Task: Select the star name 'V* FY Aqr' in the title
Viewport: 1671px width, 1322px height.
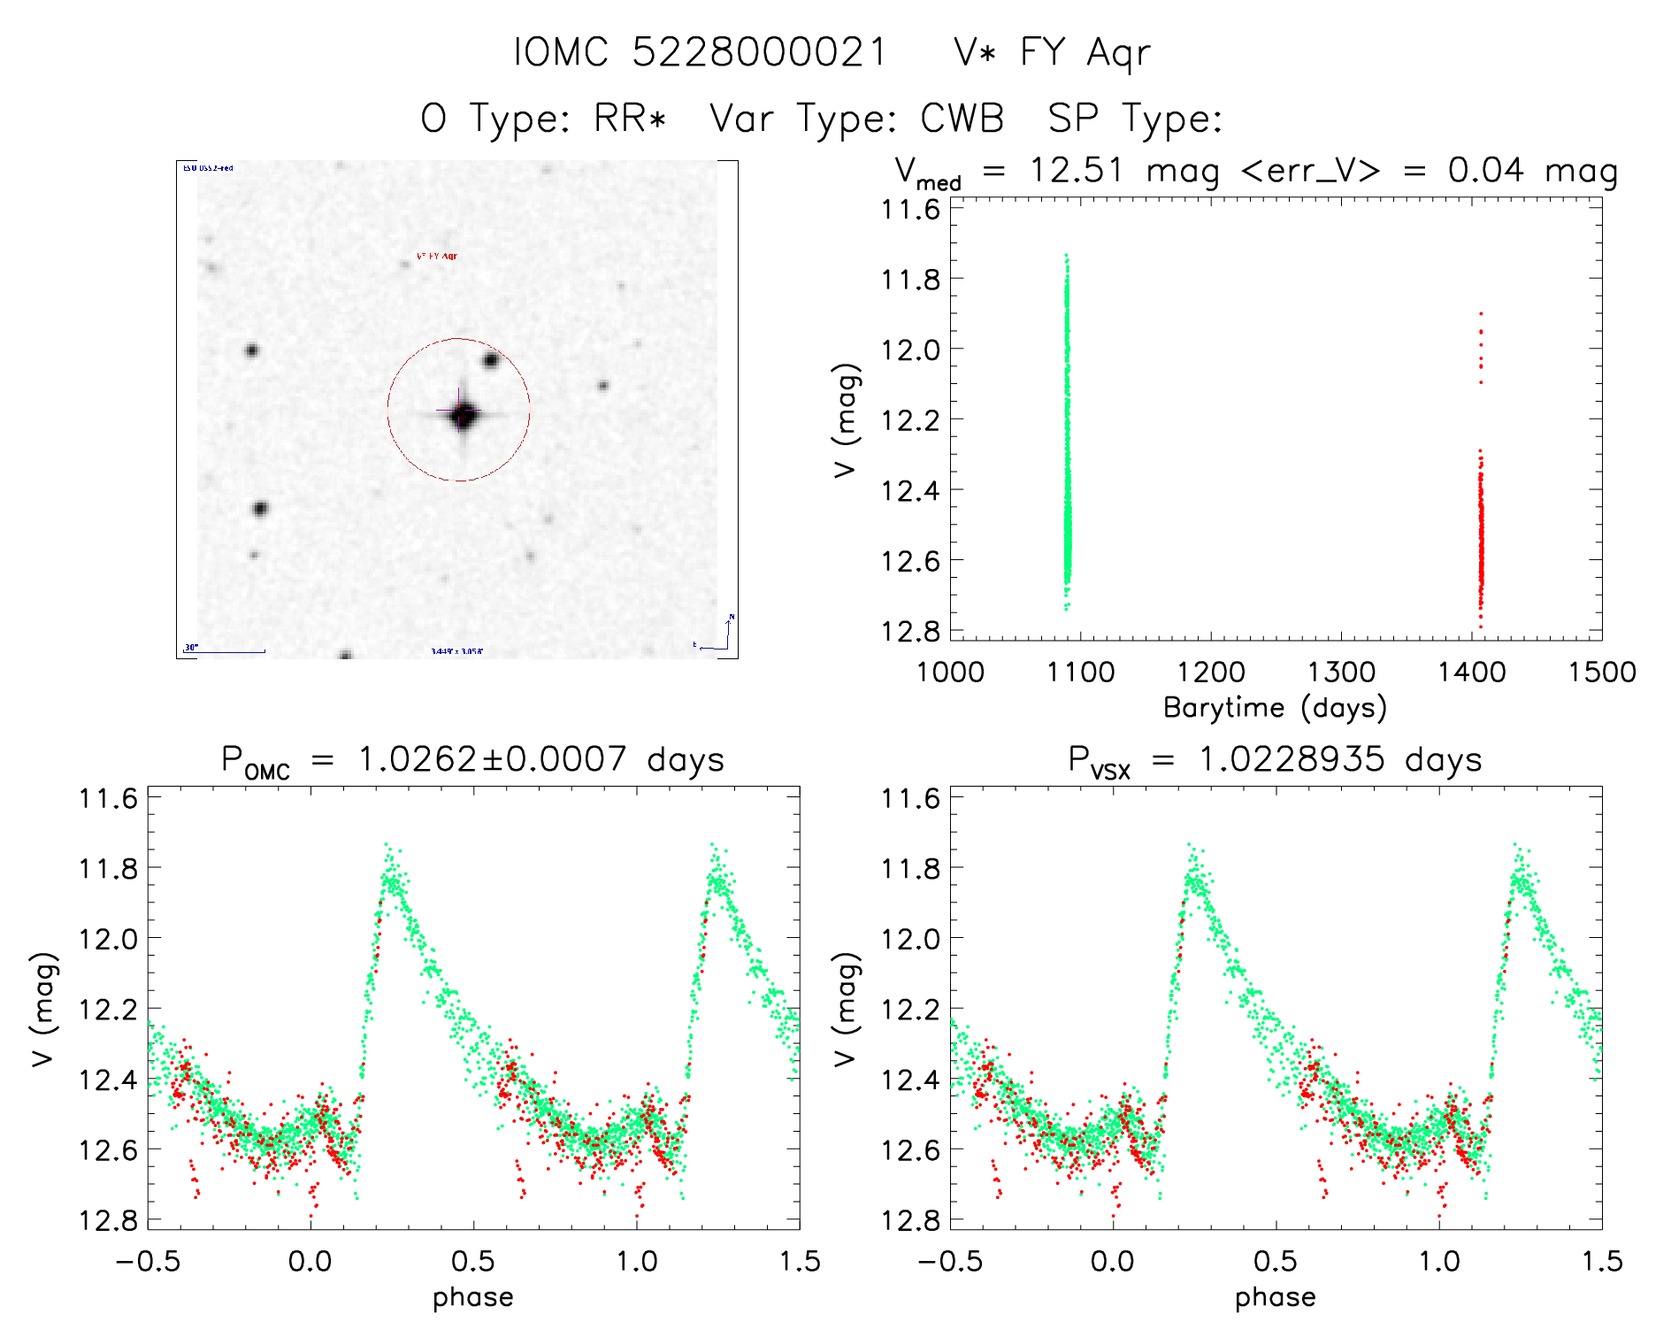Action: tap(1052, 52)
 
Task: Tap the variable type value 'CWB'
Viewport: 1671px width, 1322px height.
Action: tap(962, 118)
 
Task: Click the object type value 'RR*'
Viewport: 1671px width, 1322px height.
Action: tap(630, 118)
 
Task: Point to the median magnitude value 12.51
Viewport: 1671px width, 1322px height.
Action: tap(1076, 170)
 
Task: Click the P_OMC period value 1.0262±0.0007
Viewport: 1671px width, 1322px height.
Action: tap(492, 759)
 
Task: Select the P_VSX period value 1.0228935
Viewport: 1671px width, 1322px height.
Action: tap(1291, 759)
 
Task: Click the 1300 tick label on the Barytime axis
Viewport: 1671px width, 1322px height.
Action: tap(1341, 673)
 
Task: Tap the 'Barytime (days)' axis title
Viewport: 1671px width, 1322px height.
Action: tap(1275, 708)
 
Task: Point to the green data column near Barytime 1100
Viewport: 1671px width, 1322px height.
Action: tap(1067, 425)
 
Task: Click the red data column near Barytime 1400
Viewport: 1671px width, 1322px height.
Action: tap(1480, 531)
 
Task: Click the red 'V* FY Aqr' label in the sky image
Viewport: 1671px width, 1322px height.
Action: tap(437, 257)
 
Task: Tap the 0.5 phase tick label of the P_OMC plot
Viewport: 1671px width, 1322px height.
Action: tap(473, 1262)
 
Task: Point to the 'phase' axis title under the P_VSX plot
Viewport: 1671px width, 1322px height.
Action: tap(1275, 1297)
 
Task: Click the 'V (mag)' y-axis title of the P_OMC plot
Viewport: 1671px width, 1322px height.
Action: tap(44, 1009)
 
